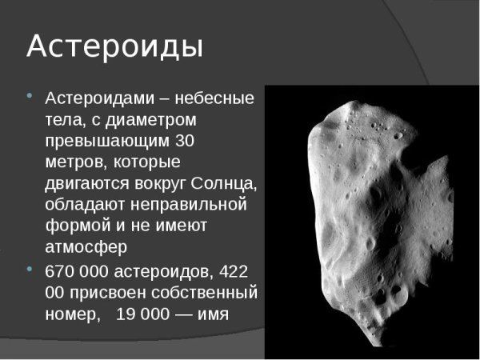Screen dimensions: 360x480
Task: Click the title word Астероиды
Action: pyautogui.click(x=114, y=46)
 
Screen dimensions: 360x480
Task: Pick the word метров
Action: pyautogui.click(x=75, y=162)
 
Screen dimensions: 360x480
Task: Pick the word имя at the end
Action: pyautogui.click(x=212, y=313)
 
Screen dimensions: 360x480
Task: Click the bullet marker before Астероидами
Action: pyautogui.click(x=30, y=97)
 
